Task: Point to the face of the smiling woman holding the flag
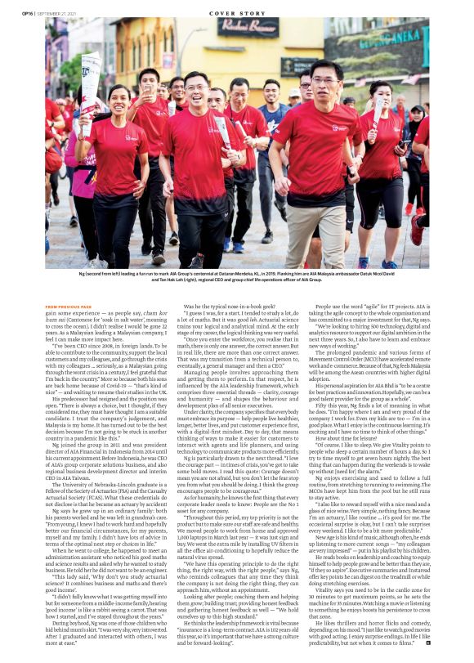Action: [118, 101]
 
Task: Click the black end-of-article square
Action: [427, 643]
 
